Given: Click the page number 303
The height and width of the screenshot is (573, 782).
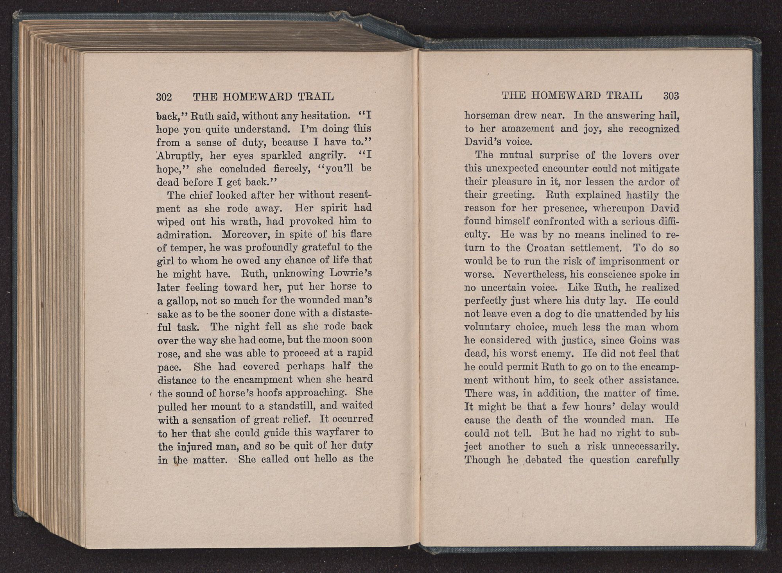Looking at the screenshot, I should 671,96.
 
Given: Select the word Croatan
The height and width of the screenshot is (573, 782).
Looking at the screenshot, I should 552,248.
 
